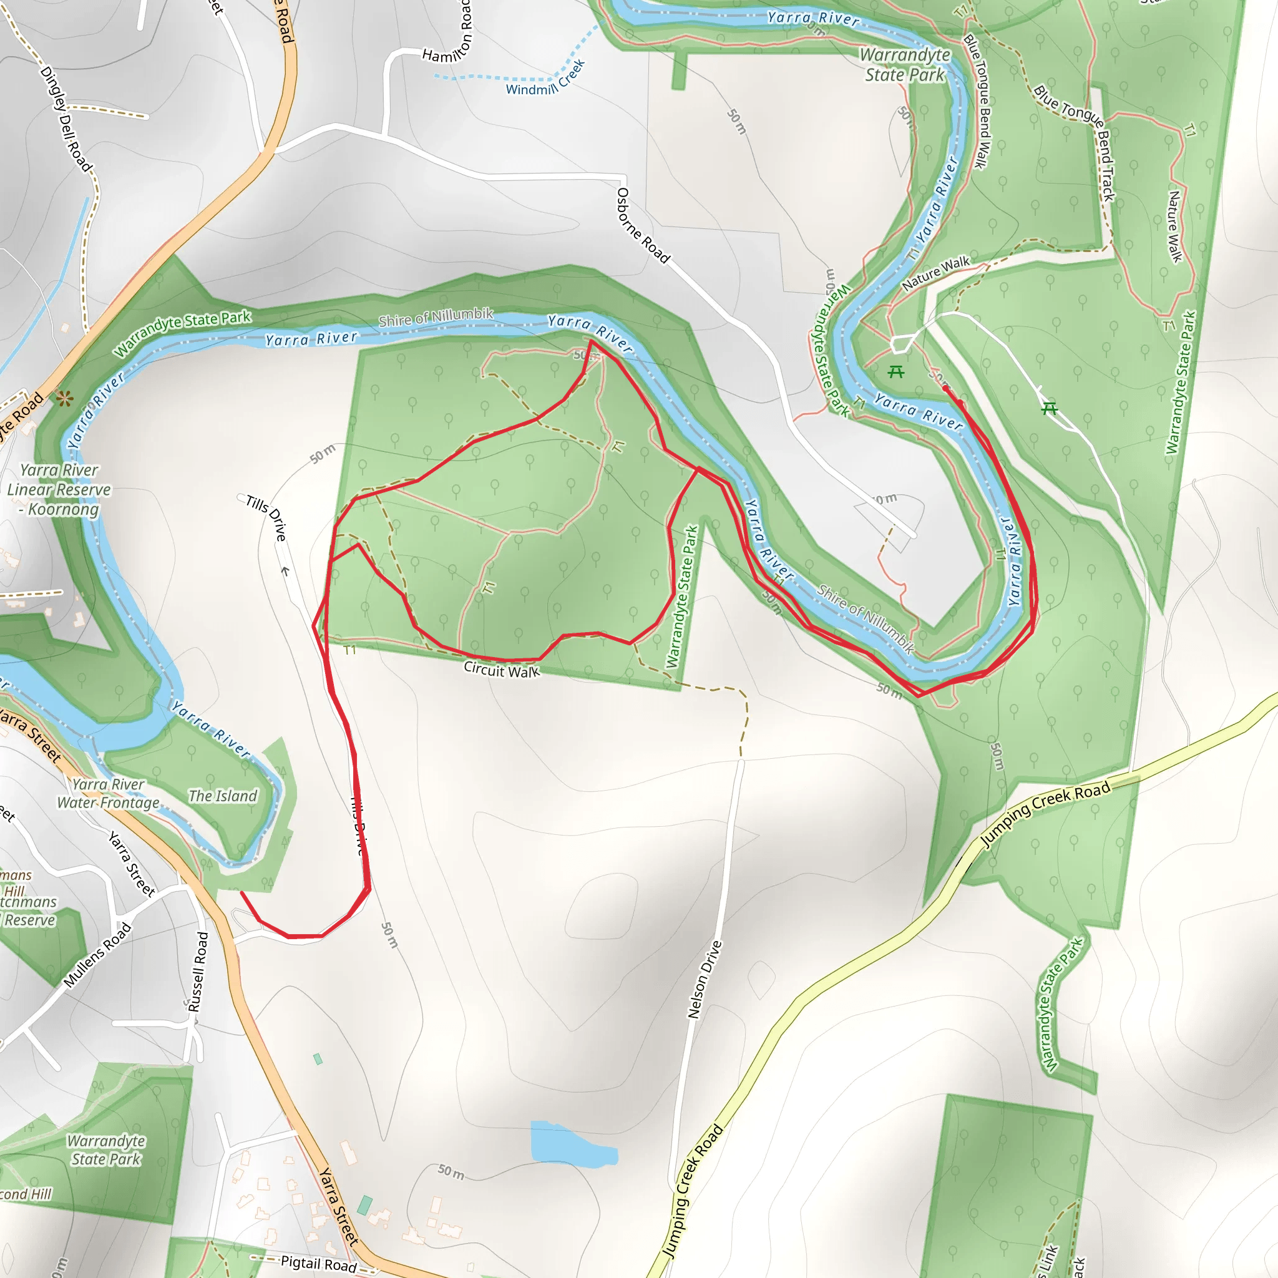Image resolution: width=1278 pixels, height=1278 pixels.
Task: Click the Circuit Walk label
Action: click(502, 670)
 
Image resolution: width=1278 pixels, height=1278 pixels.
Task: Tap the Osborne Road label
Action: click(642, 225)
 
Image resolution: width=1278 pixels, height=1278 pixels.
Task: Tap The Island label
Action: click(223, 796)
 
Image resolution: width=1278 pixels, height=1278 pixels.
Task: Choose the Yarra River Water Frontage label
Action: click(109, 794)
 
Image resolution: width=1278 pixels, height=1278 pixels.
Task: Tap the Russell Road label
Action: click(198, 972)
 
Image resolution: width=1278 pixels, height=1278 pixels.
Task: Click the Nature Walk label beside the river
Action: click(935, 273)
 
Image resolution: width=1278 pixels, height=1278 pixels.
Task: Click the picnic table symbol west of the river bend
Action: click(895, 372)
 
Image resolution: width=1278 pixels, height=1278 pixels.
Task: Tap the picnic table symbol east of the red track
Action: click(1049, 409)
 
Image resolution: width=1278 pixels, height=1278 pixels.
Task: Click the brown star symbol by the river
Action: click(64, 398)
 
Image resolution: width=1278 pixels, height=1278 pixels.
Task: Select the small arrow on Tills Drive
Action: click(285, 571)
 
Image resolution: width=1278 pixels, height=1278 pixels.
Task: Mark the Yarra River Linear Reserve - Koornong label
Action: click(59, 489)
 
